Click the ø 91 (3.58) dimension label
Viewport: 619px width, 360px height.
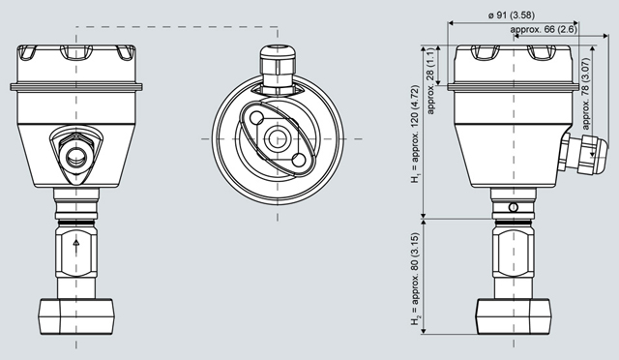[512, 15]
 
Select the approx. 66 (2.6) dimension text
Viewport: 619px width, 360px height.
[544, 29]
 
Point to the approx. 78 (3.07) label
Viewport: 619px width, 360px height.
[586, 94]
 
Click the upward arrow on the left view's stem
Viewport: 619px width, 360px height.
[76, 244]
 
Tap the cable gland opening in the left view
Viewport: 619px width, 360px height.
[76, 157]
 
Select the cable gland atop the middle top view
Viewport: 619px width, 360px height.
[278, 71]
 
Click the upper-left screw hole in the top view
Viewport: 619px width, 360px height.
[257, 118]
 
